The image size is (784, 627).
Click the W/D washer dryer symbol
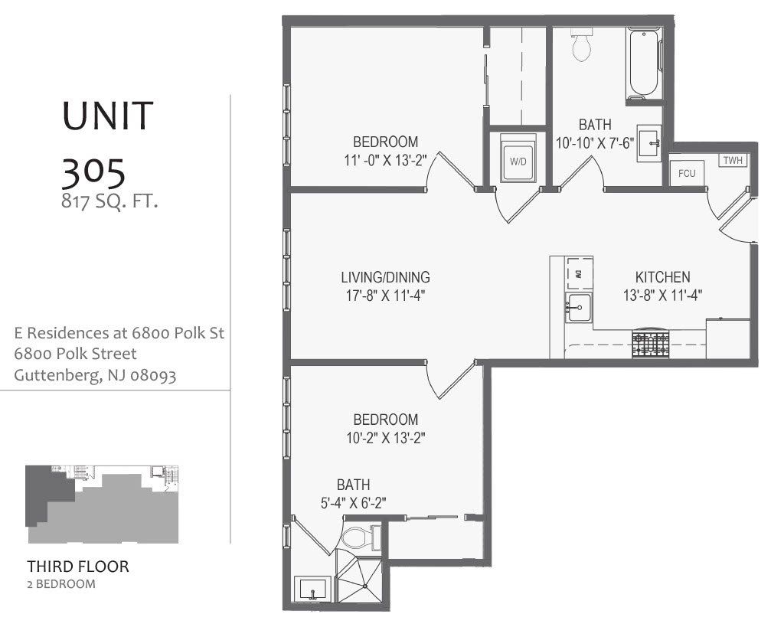(518, 162)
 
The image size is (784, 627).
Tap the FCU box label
(687, 173)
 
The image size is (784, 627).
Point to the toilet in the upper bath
(583, 47)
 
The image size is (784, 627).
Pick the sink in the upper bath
(650, 140)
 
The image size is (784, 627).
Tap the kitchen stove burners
(650, 344)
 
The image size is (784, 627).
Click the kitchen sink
(579, 308)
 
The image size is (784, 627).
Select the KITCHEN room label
(662, 277)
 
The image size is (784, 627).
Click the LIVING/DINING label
(385, 277)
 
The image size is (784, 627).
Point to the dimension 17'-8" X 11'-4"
(385, 295)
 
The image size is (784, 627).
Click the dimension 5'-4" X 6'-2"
(353, 503)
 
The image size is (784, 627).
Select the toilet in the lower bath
(358, 537)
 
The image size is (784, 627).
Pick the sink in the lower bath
(314, 590)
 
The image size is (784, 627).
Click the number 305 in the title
(93, 174)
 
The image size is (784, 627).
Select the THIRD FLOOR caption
(78, 567)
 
